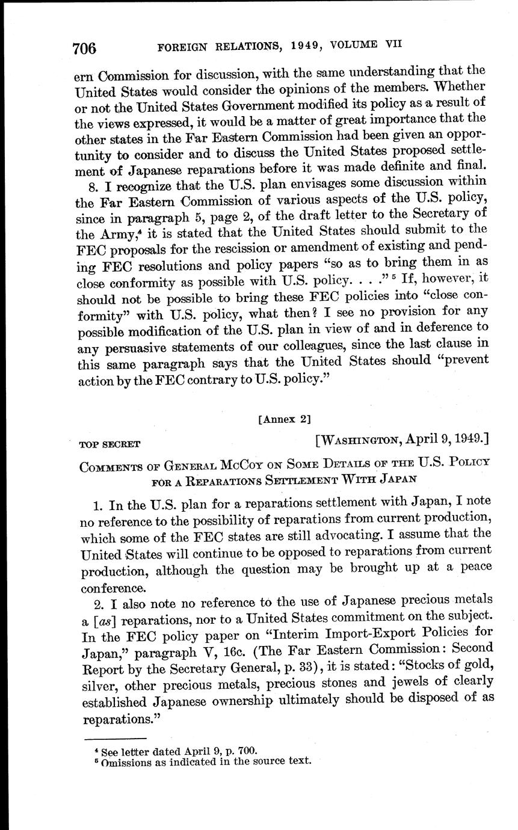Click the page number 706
pos(84,48)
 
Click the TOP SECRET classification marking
pos(109,444)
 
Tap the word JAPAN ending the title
pos(396,479)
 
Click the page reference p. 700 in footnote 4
pos(243,750)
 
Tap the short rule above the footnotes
pos(116,739)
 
